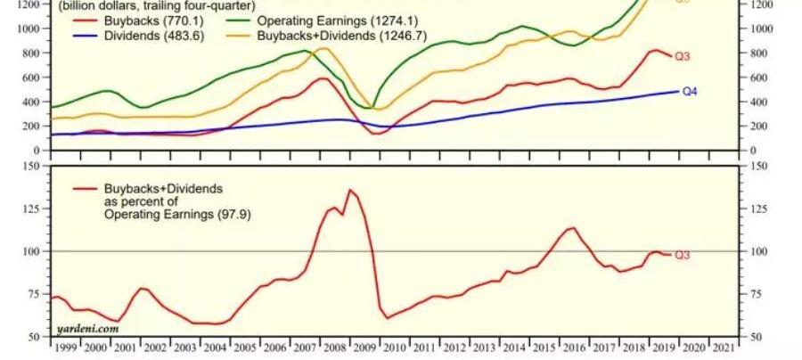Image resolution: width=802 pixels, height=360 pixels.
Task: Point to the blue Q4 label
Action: [691, 91]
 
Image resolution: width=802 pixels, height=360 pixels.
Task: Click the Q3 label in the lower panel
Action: [683, 255]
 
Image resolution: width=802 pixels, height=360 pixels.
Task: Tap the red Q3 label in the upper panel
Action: [683, 57]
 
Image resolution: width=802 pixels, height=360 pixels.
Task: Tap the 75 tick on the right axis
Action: [757, 294]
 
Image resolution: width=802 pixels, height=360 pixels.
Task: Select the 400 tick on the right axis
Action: [757, 102]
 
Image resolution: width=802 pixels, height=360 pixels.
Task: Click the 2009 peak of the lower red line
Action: [350, 190]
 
